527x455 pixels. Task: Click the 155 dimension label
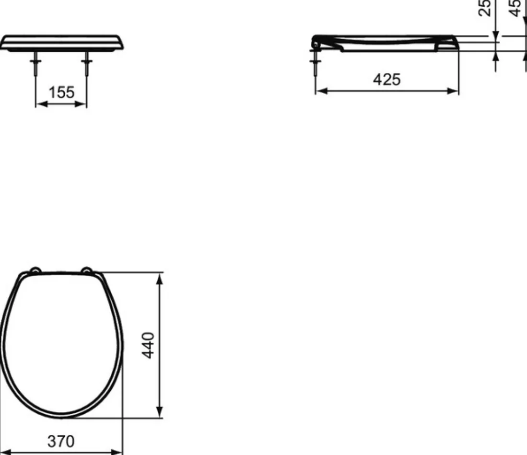tap(61, 93)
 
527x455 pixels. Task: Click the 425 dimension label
tap(387, 80)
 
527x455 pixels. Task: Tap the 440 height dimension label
tap(148, 346)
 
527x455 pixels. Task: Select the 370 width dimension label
tap(61, 441)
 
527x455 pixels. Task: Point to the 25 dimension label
tap(484, 7)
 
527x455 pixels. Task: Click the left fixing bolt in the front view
tap(35, 64)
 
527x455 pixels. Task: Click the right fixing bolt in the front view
tap(87, 64)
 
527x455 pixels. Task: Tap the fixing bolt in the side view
tap(315, 63)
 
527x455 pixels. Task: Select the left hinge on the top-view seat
tap(35, 270)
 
